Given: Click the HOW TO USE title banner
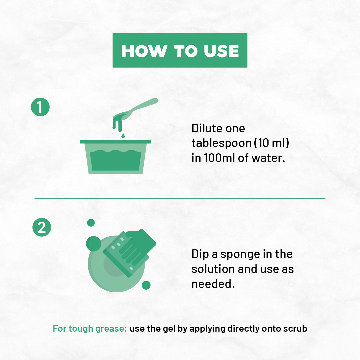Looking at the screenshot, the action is pyautogui.click(x=180, y=50).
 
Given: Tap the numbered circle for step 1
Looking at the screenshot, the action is pyautogui.click(x=40, y=107).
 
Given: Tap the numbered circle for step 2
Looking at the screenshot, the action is pyautogui.click(x=42, y=227).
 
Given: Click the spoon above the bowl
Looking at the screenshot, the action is pyautogui.click(x=135, y=109).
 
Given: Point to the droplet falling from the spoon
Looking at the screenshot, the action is pyautogui.click(x=123, y=136).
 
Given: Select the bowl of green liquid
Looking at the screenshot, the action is pyautogui.click(x=115, y=157).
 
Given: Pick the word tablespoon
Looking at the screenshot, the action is pyautogui.click(x=222, y=143).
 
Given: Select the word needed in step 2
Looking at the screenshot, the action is pyautogui.click(x=213, y=284).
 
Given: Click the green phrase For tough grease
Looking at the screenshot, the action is pyautogui.click(x=90, y=329).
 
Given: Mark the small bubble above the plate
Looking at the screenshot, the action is pyautogui.click(x=91, y=223).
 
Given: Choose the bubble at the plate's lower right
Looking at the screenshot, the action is pyautogui.click(x=146, y=285).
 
